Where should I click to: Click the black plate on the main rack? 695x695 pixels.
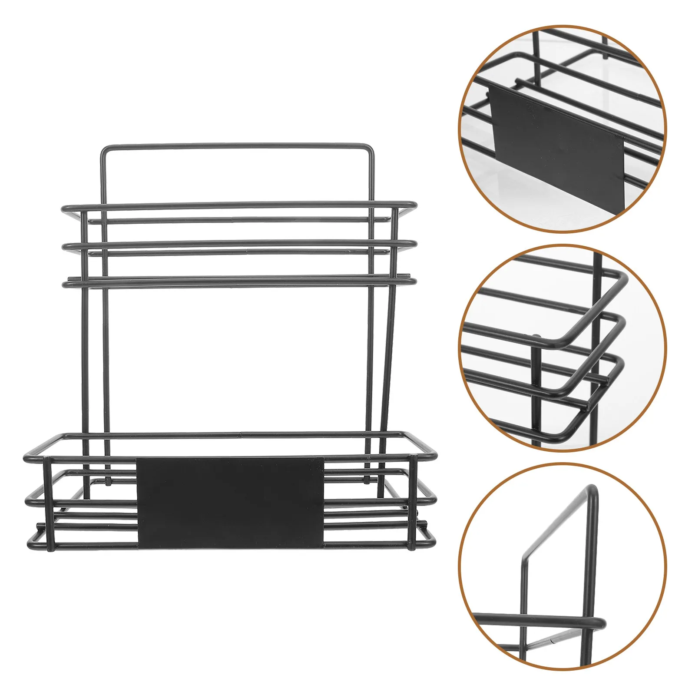click(x=230, y=502)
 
